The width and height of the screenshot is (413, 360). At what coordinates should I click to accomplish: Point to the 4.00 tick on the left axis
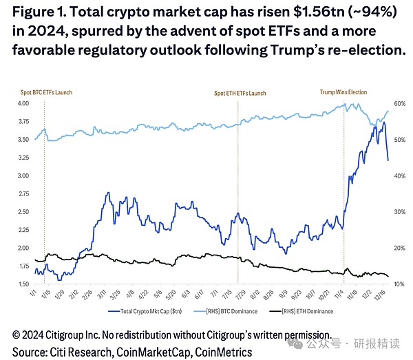(22, 103)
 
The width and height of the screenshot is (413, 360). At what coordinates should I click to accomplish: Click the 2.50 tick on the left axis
(22, 211)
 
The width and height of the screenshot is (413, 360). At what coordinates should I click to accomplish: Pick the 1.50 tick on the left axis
(22, 284)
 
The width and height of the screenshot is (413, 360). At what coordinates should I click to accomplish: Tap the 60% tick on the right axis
(400, 103)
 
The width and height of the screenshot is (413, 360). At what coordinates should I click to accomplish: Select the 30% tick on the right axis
(400, 212)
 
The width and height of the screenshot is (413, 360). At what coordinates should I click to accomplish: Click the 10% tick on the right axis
(400, 284)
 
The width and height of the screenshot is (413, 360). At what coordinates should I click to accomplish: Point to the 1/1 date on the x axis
(34, 294)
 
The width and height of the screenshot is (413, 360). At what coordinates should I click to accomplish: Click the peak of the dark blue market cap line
(383, 123)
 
